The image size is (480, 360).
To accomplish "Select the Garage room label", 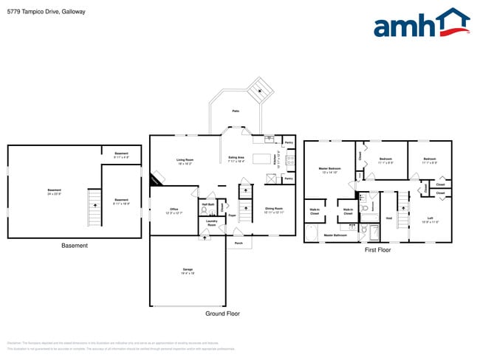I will [x=188, y=271].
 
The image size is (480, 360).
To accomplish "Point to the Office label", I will [x=174, y=211].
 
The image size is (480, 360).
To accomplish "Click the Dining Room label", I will [x=274, y=210].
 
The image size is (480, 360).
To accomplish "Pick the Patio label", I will [x=236, y=111].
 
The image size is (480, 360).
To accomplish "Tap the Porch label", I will [x=239, y=243].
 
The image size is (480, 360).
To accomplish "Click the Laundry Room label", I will [x=211, y=223].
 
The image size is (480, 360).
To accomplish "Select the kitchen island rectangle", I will [x=261, y=158].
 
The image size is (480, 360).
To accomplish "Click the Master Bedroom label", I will [x=329, y=170].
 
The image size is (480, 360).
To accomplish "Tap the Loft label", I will [x=430, y=218].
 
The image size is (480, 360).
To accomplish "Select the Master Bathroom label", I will [x=335, y=235].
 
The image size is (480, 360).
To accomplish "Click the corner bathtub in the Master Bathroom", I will [x=312, y=233].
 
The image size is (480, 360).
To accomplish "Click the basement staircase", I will [x=94, y=210].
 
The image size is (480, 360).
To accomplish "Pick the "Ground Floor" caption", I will [x=222, y=314].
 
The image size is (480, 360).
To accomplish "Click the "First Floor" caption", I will [x=377, y=250].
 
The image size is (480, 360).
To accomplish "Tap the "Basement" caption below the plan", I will [x=74, y=246].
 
